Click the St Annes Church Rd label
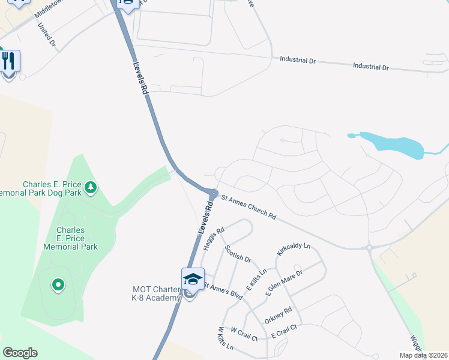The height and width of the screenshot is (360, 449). pos(249,206)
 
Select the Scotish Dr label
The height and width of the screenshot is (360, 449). pos(238,253)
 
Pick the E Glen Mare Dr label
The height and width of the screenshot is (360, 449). pos(284,283)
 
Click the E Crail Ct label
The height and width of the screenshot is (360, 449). pos(284,331)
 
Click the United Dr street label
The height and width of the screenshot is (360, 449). pos(46,35)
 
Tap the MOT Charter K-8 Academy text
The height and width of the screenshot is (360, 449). pos(157,293)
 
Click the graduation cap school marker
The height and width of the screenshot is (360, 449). pos(193,280)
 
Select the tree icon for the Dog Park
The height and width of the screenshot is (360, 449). pos(91,188)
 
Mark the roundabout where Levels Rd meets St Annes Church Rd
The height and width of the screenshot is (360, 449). pos(214,193)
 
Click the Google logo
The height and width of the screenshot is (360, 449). pos(20,353)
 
